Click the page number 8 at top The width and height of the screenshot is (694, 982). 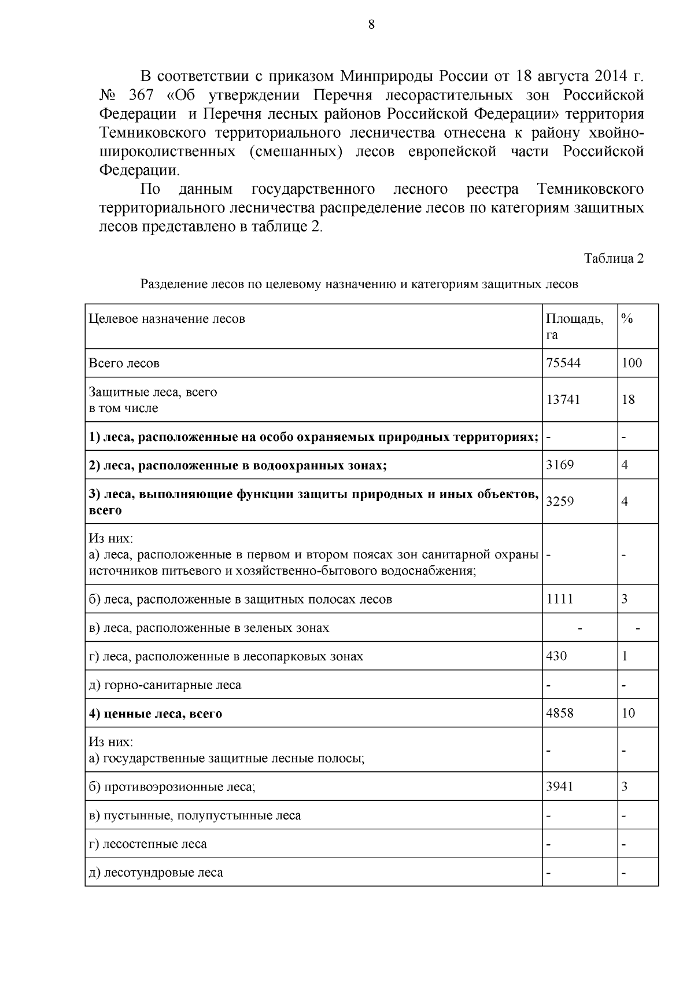click(x=371, y=24)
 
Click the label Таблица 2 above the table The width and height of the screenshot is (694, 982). click(x=614, y=259)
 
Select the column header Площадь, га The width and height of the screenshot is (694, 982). click(x=574, y=326)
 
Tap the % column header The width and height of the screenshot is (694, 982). click(x=626, y=318)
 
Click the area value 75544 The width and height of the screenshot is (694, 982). click(x=563, y=363)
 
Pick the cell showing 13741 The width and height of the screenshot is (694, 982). click(x=563, y=399)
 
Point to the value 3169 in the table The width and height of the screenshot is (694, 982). click(x=560, y=465)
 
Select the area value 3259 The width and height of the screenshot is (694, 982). click(x=560, y=501)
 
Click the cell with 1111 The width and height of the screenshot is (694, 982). click(x=559, y=599)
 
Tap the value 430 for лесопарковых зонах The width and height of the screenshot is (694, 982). click(x=556, y=656)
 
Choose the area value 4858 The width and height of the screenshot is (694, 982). click(x=560, y=713)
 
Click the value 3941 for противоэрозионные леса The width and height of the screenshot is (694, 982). click(x=560, y=786)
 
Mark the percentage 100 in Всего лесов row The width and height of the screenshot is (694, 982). click(x=632, y=363)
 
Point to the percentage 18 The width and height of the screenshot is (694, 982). click(x=628, y=399)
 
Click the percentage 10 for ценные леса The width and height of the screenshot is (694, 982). click(x=628, y=713)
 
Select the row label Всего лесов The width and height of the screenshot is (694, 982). click(x=124, y=363)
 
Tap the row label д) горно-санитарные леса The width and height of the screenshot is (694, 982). click(x=165, y=685)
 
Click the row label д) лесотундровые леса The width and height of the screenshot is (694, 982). click(x=156, y=873)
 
